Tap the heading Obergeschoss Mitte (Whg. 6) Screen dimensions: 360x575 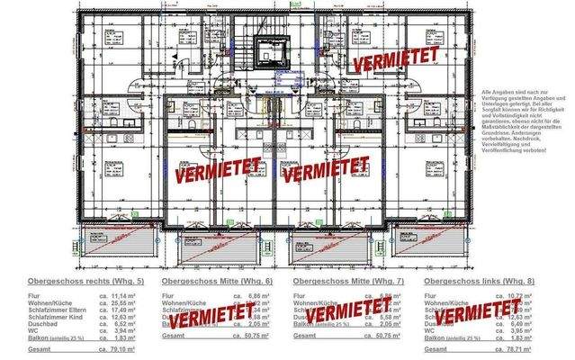tap(211, 282)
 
